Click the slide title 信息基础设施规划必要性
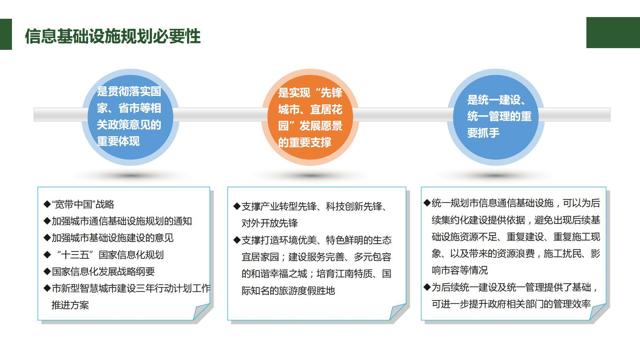click(113, 36)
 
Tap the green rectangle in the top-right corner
click(613, 32)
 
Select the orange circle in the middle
click(310, 117)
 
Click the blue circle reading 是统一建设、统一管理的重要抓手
click(496, 117)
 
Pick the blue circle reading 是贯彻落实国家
click(130, 117)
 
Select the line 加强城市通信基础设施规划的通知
click(118, 221)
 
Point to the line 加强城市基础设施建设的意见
click(109, 238)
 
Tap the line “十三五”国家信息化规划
click(104, 255)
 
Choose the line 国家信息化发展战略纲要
click(99, 271)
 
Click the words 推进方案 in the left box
click(70, 305)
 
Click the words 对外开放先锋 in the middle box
click(270, 223)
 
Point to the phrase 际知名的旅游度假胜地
click(288, 291)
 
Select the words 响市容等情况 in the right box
click(460, 270)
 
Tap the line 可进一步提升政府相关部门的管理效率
click(511, 304)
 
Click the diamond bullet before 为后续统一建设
click(427, 287)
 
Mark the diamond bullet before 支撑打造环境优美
click(237, 240)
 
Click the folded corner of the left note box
click(201, 312)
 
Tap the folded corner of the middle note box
click(398, 312)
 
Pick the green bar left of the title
click(6, 34)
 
